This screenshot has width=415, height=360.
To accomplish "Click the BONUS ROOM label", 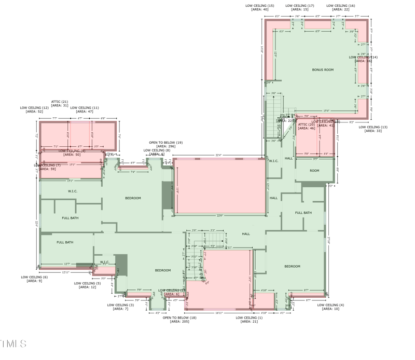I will click(323, 70).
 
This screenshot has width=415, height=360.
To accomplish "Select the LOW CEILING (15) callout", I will click(259, 6).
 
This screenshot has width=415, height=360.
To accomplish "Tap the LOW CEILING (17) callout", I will click(300, 6).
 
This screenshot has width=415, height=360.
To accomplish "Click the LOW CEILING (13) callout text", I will click(373, 127).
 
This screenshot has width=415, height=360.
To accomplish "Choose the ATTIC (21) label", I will click(59, 102).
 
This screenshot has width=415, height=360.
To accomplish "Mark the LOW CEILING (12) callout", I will click(34, 108).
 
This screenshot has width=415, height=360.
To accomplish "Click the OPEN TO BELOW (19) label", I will click(165, 143).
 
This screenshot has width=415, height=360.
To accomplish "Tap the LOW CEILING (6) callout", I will click(34, 277).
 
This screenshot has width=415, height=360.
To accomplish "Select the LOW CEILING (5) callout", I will click(88, 283).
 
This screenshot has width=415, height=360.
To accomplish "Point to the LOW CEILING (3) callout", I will click(120, 305).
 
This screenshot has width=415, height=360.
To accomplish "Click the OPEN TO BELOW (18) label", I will click(179, 317).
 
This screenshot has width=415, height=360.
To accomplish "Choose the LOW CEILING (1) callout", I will click(249, 317).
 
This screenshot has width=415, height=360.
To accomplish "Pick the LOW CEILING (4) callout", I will click(330, 305).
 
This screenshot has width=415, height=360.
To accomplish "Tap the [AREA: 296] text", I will click(165, 147).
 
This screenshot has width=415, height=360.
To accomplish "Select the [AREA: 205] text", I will click(179, 322).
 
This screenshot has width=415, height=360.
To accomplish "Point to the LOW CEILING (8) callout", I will click(157, 150).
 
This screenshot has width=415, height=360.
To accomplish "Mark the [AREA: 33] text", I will click(373, 131).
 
